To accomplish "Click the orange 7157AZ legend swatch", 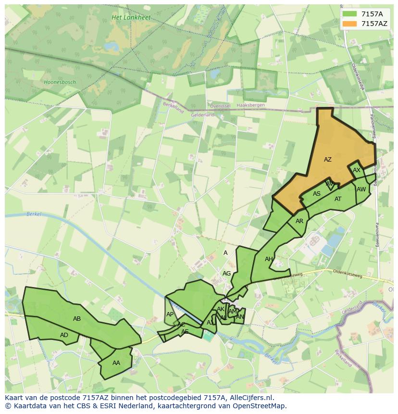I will tap(350, 24).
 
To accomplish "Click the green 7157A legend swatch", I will tap(350, 14).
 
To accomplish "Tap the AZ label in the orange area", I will tap(328, 160).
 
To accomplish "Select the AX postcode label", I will tap(357, 170).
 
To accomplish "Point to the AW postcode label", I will tap(361, 189).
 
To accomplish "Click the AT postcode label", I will tap(338, 199).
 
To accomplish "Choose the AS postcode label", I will tap(317, 194).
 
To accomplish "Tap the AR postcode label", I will tap(299, 221).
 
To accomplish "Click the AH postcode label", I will tap(269, 259).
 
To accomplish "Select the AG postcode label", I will tap(227, 273).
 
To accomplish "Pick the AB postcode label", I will tap(77, 318).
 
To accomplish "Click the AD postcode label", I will tap(64, 335).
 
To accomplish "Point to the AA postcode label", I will tap(116, 363).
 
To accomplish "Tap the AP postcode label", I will tap(170, 314).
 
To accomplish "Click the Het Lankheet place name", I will tap(131, 18).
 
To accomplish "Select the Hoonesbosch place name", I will tap(60, 82).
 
